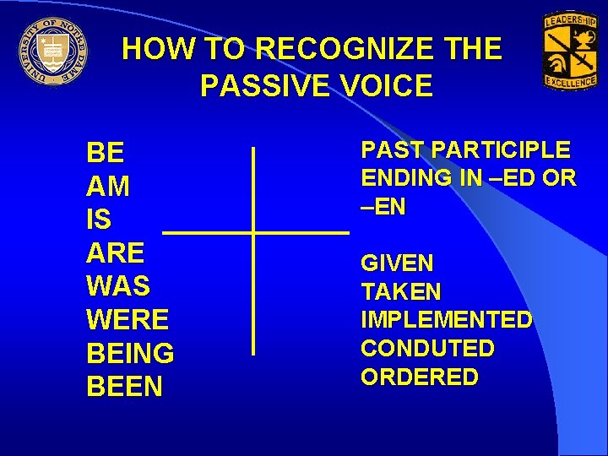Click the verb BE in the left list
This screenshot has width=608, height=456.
coord(106,153)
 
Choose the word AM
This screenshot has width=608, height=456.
coord(108,186)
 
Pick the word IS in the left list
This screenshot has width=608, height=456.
coord(99,220)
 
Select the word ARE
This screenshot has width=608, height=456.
coord(116,252)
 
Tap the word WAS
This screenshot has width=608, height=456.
coord(118,286)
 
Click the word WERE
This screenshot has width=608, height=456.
coord(128,320)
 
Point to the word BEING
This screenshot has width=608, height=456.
coord(130,353)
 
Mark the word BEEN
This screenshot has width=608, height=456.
coord(125,387)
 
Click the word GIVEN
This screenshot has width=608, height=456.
coord(397,263)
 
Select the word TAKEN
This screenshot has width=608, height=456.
coord(401,292)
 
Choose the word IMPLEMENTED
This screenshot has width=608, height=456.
coord(447,320)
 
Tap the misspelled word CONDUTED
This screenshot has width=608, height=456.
coord(427,348)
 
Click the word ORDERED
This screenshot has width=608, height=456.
coord(420,377)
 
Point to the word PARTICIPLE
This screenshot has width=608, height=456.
coord(501,150)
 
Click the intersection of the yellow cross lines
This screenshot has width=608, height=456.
coord(253,231)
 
